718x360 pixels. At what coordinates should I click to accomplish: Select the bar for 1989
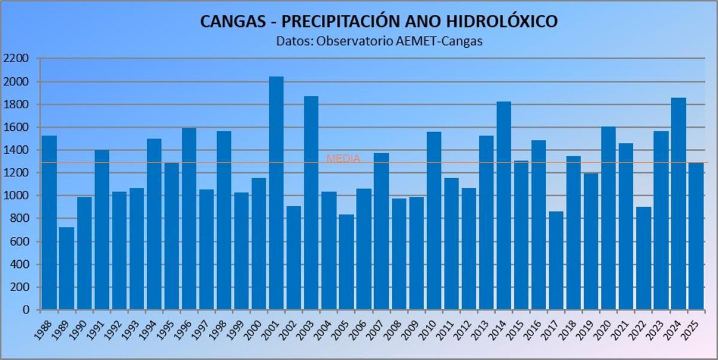(x=66, y=269)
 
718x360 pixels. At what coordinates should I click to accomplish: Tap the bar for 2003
(x=311, y=203)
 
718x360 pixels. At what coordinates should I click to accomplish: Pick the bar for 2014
(x=504, y=206)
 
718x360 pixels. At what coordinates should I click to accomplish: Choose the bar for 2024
(x=679, y=204)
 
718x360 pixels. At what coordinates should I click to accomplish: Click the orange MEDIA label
(x=343, y=158)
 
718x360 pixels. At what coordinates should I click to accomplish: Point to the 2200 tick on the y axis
(x=16, y=59)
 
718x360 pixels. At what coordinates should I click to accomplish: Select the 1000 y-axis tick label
(x=16, y=196)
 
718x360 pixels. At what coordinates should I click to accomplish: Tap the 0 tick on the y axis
(x=26, y=310)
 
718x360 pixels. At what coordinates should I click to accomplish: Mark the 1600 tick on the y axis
(x=16, y=127)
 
